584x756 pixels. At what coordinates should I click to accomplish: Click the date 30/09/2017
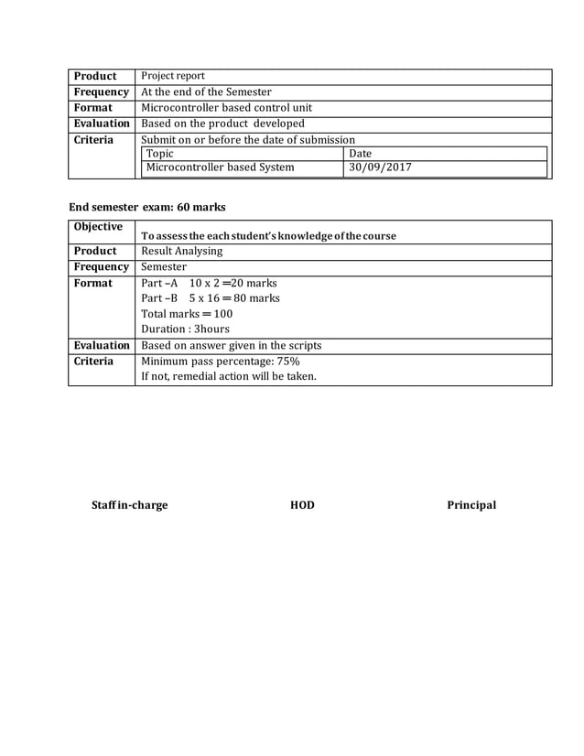click(x=381, y=167)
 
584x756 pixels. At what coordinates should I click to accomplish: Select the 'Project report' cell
click(x=173, y=76)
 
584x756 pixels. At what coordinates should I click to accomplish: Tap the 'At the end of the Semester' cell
click(x=206, y=92)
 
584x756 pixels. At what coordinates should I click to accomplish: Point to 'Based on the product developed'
click(x=222, y=123)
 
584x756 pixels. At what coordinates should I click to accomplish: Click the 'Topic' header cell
click(x=160, y=154)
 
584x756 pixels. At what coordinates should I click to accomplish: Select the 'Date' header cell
click(x=361, y=154)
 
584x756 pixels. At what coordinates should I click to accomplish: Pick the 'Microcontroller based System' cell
click(x=221, y=167)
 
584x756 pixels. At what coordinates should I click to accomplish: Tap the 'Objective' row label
click(x=97, y=227)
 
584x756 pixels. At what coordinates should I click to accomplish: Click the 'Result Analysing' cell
click(x=182, y=251)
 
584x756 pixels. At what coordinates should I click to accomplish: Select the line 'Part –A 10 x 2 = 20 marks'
click(x=210, y=283)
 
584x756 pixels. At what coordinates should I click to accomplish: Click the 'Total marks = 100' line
click(x=187, y=314)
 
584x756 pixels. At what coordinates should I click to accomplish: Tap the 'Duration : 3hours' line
click(x=186, y=329)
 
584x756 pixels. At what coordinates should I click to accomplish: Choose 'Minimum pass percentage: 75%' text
click(x=221, y=362)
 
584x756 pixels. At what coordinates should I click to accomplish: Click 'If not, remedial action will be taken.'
click(x=229, y=376)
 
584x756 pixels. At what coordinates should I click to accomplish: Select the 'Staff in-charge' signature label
click(x=130, y=504)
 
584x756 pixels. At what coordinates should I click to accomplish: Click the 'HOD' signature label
click(x=302, y=504)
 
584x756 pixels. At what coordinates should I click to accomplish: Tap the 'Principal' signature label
click(x=471, y=504)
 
